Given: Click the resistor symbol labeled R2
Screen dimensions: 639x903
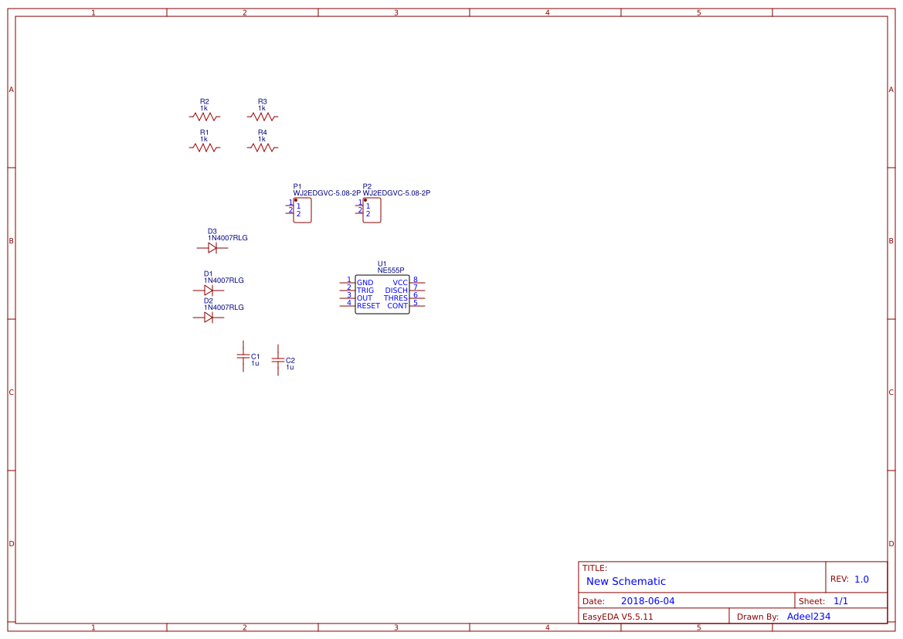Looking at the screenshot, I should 205,117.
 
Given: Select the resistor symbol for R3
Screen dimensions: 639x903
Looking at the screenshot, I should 263,117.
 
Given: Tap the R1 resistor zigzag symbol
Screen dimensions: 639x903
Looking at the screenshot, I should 205,148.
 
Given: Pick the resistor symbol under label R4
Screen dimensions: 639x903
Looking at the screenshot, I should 263,148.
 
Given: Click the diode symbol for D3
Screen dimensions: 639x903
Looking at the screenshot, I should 212,248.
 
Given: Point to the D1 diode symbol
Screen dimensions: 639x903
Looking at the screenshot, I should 208,291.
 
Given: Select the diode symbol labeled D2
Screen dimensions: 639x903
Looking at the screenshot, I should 208,318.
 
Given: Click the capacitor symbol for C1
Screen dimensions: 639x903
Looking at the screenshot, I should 243,355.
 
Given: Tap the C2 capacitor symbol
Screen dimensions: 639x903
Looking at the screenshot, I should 278,360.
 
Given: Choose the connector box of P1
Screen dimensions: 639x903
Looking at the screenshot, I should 303,210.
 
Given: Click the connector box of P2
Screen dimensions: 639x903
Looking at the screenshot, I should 372,210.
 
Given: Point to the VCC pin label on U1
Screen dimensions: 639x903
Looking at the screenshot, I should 400,283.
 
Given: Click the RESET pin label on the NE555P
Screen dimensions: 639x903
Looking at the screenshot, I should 368,306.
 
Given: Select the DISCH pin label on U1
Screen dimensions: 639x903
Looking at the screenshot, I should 396,291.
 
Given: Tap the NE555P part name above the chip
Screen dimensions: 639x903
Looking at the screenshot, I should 391,270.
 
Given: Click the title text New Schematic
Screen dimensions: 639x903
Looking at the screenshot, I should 626,581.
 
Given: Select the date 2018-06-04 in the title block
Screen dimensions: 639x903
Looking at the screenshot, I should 647,601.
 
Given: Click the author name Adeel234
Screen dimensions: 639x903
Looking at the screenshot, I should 809,617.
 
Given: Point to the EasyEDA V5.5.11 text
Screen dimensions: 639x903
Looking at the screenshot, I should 617,617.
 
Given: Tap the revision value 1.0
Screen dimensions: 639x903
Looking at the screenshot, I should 861,579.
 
